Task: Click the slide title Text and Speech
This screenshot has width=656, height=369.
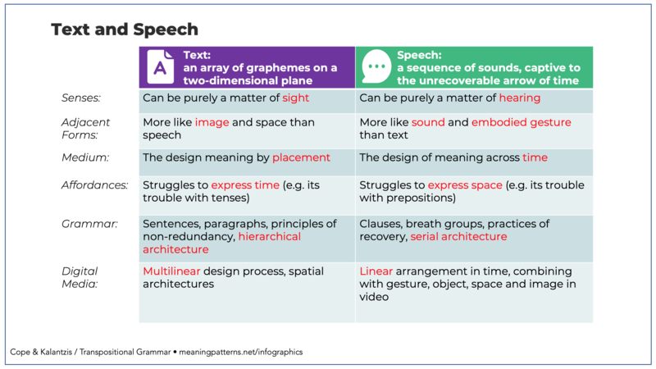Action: [x=125, y=30]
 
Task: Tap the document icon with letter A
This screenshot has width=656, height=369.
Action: [x=160, y=67]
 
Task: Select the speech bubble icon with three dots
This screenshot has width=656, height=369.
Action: [x=376, y=66]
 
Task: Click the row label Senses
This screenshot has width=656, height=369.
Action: [x=81, y=98]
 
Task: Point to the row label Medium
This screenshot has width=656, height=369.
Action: [x=85, y=157]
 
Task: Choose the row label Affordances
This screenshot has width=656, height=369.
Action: [x=95, y=185]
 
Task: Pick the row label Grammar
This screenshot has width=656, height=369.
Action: [x=89, y=224]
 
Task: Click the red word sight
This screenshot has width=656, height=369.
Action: [x=295, y=98]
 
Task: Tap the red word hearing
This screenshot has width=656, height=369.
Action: [x=520, y=98]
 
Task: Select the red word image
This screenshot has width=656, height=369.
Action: [x=212, y=122]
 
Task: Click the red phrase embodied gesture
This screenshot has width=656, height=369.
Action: [x=522, y=122]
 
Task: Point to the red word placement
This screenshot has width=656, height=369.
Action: [x=301, y=157]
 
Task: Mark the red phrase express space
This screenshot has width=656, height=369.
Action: [x=465, y=185]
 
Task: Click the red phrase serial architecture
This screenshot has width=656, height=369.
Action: [x=458, y=237]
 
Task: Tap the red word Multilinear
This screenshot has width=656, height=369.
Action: [x=171, y=271]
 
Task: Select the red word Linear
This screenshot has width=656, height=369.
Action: [x=376, y=271]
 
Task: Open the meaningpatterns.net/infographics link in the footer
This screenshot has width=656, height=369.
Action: [x=240, y=353]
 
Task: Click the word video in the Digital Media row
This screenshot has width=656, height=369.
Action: [x=374, y=297]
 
